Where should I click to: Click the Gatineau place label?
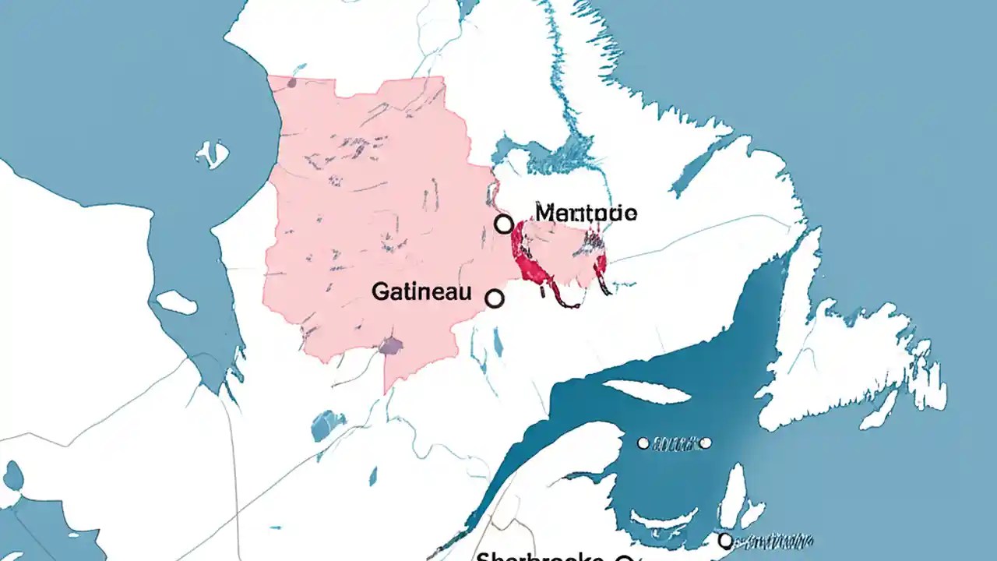(421, 292)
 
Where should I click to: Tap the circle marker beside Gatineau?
(494, 298)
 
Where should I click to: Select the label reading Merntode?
(587, 212)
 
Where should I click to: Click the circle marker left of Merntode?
(504, 224)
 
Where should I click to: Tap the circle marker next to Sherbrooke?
(622, 558)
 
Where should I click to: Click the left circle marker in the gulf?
(643, 443)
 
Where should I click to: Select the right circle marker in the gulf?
(705, 443)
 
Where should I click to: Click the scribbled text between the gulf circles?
(674, 443)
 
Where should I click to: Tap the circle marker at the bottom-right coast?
(725, 539)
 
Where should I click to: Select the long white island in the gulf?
(646, 391)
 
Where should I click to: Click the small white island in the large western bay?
(213, 155)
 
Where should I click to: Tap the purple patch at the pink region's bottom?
(390, 345)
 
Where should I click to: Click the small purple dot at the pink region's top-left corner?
(291, 82)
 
